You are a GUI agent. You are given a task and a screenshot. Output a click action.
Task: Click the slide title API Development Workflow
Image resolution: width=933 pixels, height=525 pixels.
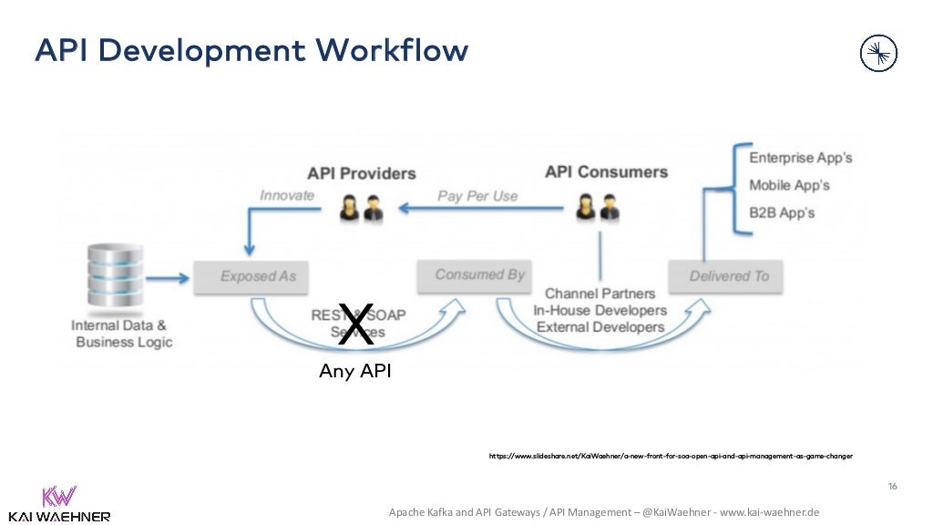click(x=251, y=51)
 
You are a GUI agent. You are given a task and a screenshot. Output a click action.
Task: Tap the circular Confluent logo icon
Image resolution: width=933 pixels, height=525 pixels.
click(x=878, y=54)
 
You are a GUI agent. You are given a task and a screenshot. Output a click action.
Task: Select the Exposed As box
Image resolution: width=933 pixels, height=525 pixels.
click(x=258, y=276)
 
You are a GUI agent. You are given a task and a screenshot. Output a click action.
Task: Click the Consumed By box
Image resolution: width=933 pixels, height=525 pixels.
click(x=480, y=274)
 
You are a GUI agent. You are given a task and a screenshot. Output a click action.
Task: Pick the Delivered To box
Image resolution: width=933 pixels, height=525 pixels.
click(x=728, y=276)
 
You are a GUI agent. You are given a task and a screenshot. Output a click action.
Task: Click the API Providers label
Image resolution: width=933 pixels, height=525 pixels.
click(x=361, y=173)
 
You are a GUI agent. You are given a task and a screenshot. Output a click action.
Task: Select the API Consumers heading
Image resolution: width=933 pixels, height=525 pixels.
click(x=606, y=171)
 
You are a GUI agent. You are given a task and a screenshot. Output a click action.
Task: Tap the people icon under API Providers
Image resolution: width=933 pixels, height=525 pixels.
click(x=361, y=208)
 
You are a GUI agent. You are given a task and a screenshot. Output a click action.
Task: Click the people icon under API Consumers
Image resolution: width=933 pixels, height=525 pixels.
click(x=599, y=208)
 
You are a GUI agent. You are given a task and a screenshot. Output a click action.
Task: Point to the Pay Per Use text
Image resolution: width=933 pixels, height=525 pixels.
click(x=477, y=195)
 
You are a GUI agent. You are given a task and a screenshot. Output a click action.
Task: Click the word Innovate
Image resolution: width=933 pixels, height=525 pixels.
click(x=287, y=195)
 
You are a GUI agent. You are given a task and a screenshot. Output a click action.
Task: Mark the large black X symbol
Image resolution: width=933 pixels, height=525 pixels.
click(x=355, y=325)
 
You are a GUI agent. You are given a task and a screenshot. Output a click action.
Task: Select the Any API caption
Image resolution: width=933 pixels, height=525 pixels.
click(x=355, y=372)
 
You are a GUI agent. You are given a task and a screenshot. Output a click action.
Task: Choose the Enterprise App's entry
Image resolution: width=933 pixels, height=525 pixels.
click(x=800, y=158)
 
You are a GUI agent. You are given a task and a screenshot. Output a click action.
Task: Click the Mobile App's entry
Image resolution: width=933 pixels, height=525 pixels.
click(x=789, y=185)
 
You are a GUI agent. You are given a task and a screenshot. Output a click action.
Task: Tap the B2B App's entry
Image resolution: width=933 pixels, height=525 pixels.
click(x=782, y=212)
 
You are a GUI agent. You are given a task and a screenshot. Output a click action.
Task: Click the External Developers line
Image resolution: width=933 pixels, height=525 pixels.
click(x=600, y=326)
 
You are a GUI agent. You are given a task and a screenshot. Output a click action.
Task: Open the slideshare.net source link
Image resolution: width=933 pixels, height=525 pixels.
click(x=671, y=456)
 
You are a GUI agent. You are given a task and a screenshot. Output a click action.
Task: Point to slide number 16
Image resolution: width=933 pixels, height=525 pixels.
click(x=893, y=486)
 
